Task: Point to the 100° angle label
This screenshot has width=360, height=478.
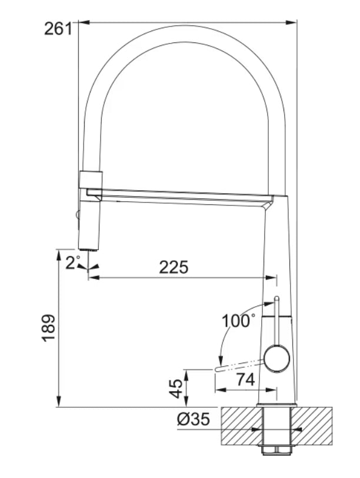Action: point(238,321)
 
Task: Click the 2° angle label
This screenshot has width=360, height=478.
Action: point(73,263)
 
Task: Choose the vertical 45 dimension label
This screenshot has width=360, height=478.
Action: point(175,388)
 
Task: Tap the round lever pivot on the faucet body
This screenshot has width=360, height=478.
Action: point(276,359)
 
